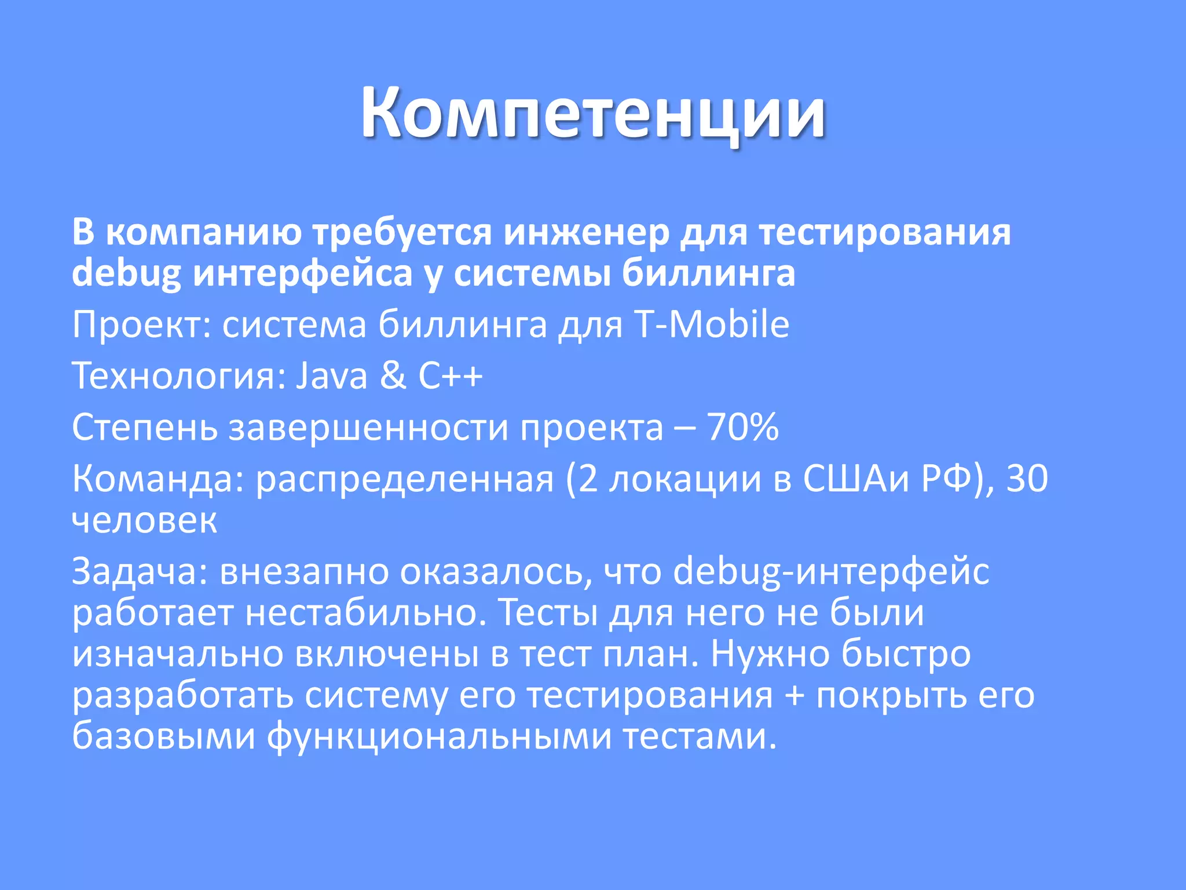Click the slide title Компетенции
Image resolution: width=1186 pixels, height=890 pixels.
tap(593, 113)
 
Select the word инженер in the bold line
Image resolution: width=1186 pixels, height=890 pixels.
tap(586, 233)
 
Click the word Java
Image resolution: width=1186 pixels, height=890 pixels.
tap(331, 376)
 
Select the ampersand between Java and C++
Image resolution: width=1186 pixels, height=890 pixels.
tap(393, 376)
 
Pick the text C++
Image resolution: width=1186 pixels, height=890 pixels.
tap(450, 376)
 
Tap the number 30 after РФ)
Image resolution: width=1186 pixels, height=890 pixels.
tap(1027, 479)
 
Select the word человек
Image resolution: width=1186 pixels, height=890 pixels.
tap(144, 520)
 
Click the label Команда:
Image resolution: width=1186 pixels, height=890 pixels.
tap(158, 480)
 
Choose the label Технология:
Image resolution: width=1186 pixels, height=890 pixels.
tap(179, 376)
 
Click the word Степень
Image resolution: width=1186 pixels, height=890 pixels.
tap(145, 429)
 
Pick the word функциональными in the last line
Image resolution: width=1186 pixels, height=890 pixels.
tap(440, 738)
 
